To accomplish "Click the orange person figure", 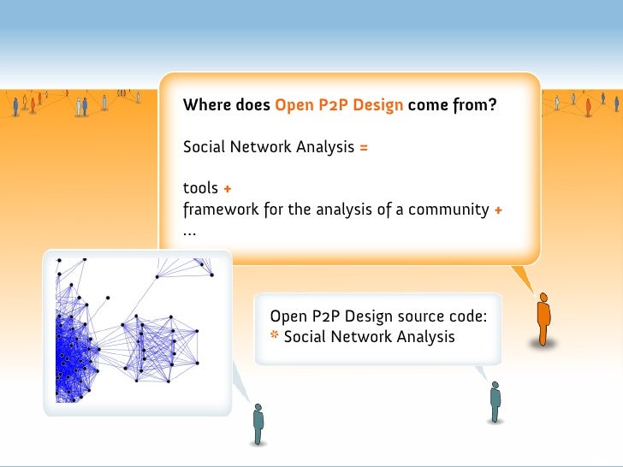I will pyautogui.click(x=543, y=319).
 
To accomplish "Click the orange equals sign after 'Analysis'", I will pyautogui.click(x=364, y=147).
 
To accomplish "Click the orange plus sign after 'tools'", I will pyautogui.click(x=228, y=188).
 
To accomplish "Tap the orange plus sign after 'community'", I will pyautogui.click(x=498, y=209).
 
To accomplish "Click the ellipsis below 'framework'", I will pyautogui.click(x=189, y=231).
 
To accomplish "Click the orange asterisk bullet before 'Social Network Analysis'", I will pyautogui.click(x=275, y=336).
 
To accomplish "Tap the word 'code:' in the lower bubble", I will pyautogui.click(x=466, y=316).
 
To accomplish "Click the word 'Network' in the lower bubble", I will pyautogui.click(x=363, y=337).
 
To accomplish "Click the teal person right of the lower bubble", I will pyautogui.click(x=495, y=400).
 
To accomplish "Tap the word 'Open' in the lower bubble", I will pyautogui.click(x=288, y=316).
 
